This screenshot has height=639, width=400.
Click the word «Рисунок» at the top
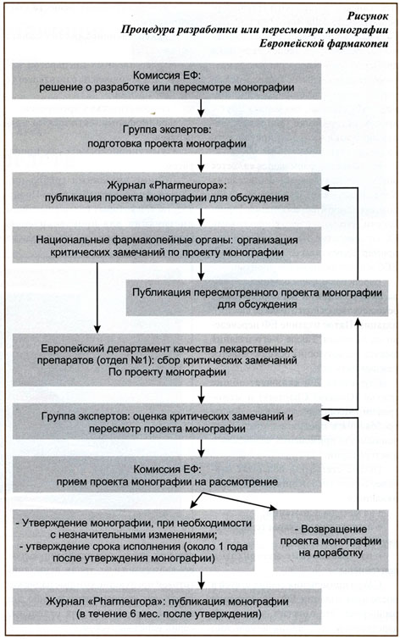click(368, 16)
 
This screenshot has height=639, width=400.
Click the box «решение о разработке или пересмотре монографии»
click(167, 81)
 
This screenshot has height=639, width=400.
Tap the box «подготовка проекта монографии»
click(167, 136)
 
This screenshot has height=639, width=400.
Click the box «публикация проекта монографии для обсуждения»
click(167, 191)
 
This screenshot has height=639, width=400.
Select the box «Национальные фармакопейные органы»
click(167, 245)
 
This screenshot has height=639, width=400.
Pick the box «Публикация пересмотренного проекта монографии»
click(257, 298)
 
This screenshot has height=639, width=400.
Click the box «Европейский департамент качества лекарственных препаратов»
click(167, 360)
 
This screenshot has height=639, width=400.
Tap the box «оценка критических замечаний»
click(167, 421)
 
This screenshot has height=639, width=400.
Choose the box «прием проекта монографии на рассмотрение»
click(167, 475)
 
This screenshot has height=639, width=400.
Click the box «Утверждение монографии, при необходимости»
click(133, 540)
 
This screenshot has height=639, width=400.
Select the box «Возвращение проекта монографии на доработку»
click(331, 541)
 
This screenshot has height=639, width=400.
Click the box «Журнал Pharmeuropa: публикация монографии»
click(167, 607)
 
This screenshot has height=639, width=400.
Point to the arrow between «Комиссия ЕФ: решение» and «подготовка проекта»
click(201, 108)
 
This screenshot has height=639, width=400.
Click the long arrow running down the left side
click(97, 298)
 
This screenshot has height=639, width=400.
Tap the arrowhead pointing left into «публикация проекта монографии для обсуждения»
click(325, 188)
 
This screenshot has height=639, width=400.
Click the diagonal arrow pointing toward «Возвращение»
click(239, 501)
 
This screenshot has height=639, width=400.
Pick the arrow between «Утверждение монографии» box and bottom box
click(201, 580)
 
